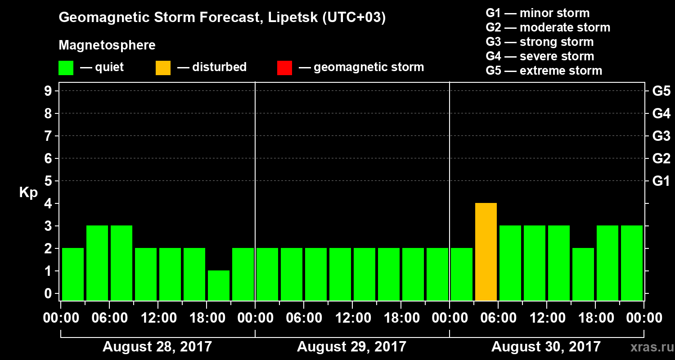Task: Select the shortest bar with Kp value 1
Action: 219,285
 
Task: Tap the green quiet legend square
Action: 66,68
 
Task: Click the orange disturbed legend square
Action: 163,68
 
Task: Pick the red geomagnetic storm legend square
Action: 284,68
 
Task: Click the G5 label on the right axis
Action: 661,91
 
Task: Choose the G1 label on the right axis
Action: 661,181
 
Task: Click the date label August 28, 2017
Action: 157,347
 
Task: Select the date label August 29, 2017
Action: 351,347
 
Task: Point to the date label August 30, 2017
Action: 546,347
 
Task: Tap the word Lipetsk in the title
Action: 292,18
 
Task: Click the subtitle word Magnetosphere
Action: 107,45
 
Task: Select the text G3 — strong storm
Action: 540,42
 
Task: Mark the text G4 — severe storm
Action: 540,56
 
